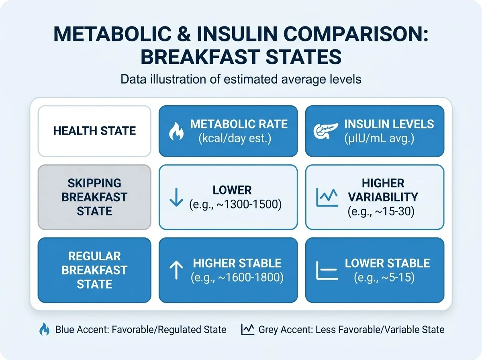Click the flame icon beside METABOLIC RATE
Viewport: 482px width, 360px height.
point(176,131)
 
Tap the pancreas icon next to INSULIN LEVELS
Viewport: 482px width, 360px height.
point(326,131)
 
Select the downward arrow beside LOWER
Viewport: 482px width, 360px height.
point(176,197)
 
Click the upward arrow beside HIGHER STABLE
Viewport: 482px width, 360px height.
point(176,270)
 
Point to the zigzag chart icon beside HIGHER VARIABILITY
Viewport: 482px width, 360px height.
point(327,197)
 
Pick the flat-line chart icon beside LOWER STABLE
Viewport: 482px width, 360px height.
point(327,270)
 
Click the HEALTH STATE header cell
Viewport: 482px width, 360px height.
point(94,131)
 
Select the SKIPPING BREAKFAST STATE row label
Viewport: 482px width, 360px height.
point(94,197)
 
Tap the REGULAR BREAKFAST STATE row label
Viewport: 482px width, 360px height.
point(94,270)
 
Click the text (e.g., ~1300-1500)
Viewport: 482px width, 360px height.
point(235,205)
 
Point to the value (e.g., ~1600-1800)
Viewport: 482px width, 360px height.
point(237,277)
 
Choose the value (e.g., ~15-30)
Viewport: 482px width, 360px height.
point(381,211)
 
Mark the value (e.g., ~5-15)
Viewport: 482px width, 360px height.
point(384,277)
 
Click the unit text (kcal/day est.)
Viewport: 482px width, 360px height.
point(235,138)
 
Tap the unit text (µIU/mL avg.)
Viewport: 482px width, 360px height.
point(379,138)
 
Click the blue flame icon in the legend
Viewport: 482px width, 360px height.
point(44,329)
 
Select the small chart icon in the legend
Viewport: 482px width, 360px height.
point(248,329)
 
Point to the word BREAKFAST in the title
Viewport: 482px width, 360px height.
point(200,57)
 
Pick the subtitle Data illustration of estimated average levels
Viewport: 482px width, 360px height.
point(241,79)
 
